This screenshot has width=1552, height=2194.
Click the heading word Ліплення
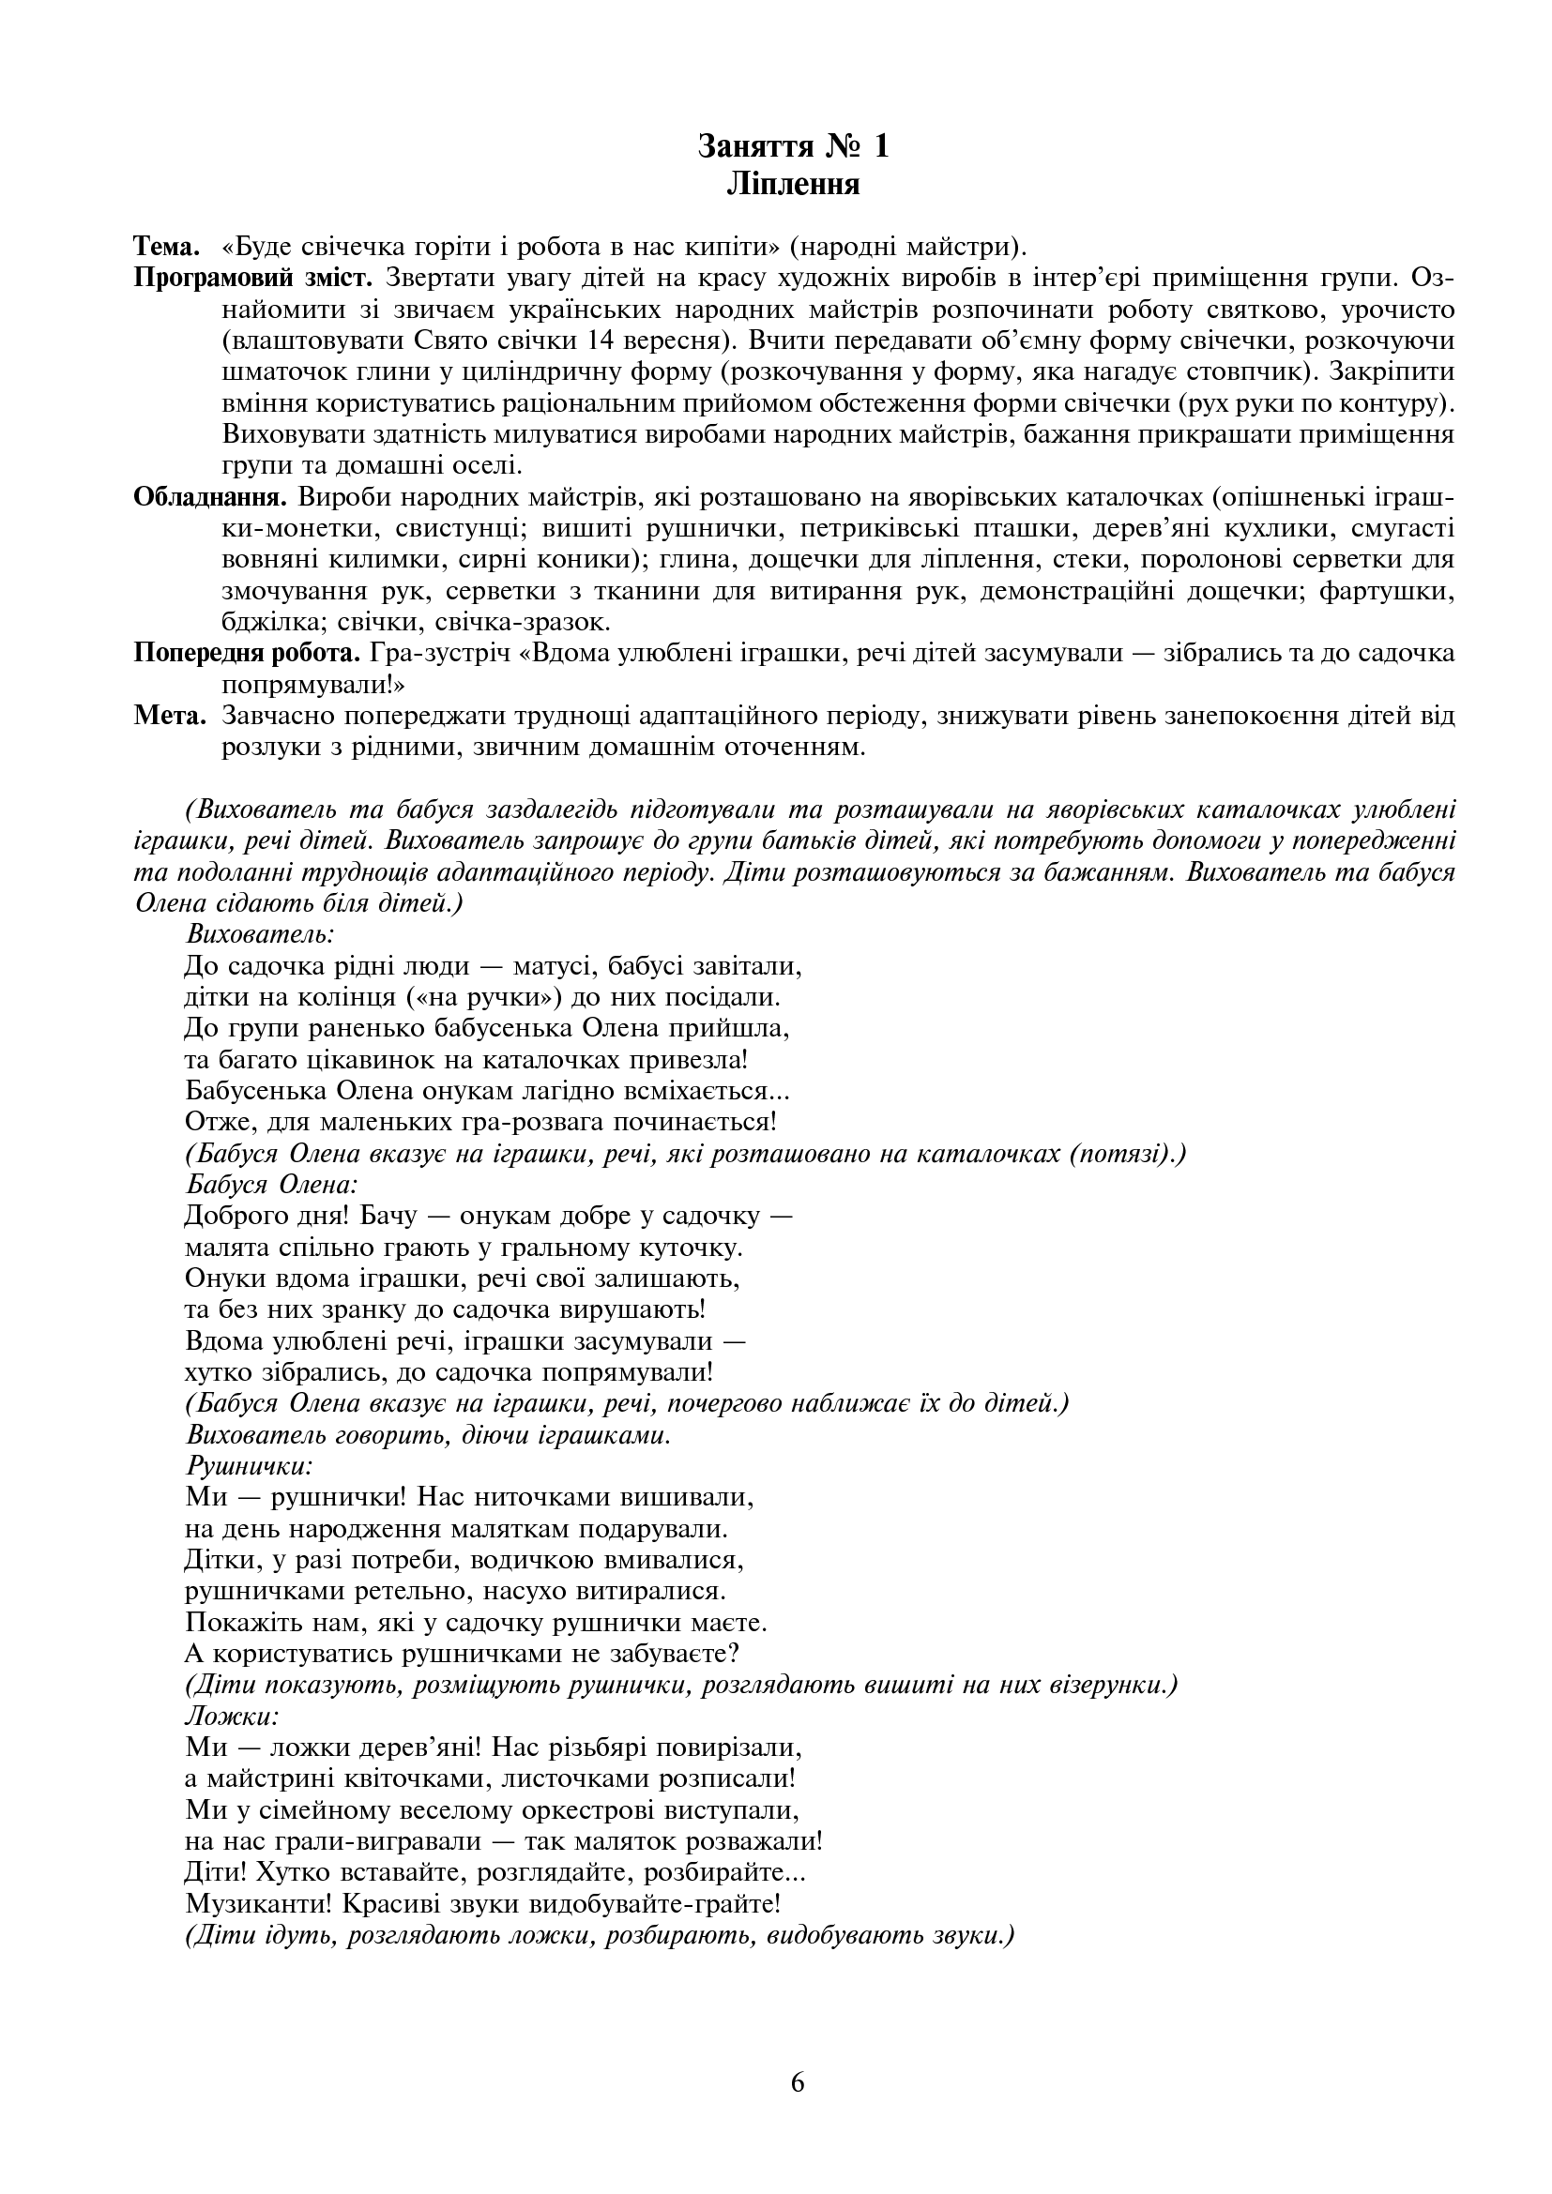793,184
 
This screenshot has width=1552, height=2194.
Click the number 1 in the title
880,146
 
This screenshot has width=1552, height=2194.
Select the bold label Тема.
166,248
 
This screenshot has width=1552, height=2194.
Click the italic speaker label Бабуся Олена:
272,1185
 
